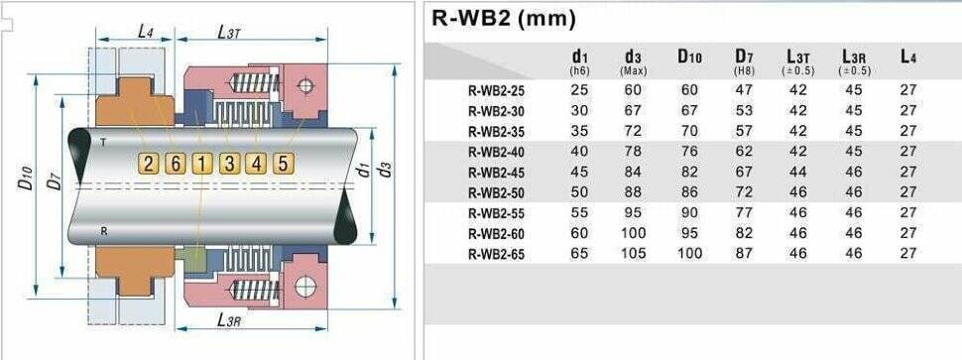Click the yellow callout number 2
(x=149, y=163)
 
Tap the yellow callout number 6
(x=176, y=163)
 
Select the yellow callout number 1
(x=202, y=163)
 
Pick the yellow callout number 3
(x=229, y=163)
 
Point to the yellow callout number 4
(x=257, y=163)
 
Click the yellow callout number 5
(x=284, y=163)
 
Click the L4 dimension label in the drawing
(x=146, y=32)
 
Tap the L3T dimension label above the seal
(x=229, y=32)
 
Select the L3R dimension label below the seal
(x=229, y=319)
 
